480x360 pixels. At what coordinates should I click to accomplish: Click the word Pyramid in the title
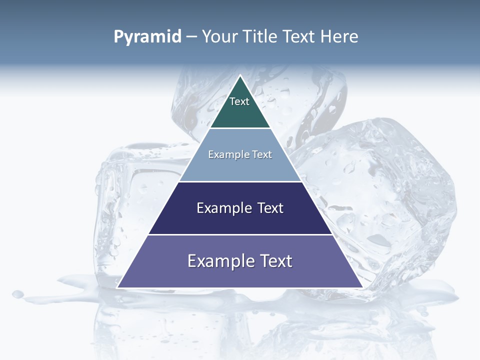(147, 37)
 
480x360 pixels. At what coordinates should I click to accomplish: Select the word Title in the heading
(260, 36)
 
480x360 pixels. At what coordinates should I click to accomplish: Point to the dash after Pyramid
(191, 37)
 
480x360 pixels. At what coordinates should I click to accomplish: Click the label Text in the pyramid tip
(239, 101)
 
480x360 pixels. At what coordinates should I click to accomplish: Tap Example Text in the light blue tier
(240, 154)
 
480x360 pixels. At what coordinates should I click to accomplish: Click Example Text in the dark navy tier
(240, 208)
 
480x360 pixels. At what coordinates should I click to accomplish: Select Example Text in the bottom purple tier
(240, 261)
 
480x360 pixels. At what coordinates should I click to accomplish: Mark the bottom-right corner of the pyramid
(362, 287)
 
